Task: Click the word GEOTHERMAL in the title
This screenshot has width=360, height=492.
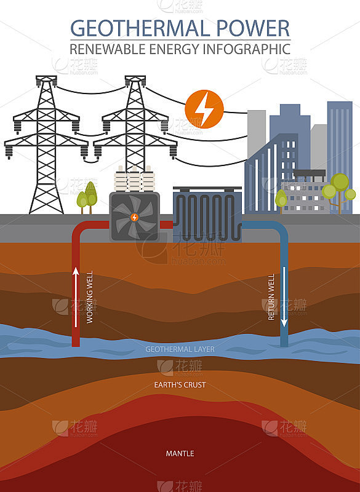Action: coord(140,28)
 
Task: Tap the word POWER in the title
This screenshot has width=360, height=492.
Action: coord(254,28)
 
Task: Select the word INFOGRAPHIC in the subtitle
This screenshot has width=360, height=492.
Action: coord(247,49)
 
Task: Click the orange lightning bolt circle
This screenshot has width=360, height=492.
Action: coord(204,109)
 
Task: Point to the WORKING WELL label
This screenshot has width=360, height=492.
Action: coord(90,297)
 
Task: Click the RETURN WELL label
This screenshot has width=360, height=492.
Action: coord(271,297)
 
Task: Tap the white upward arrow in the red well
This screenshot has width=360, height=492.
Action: coord(76,297)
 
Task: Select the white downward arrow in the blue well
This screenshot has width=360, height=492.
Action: coord(284,297)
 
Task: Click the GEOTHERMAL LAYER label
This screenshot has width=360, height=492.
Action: coord(180,349)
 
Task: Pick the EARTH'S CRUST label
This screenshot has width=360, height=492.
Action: coord(180,385)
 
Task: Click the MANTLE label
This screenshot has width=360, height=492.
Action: coord(180,453)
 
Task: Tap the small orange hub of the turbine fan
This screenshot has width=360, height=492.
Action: coord(134,217)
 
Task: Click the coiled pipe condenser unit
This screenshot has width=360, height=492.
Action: coord(207,215)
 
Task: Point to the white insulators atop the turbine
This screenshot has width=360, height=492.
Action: coord(134,179)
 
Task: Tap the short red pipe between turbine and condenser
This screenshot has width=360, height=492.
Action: coord(166,224)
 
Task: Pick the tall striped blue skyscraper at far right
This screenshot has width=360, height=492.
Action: coord(340,157)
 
